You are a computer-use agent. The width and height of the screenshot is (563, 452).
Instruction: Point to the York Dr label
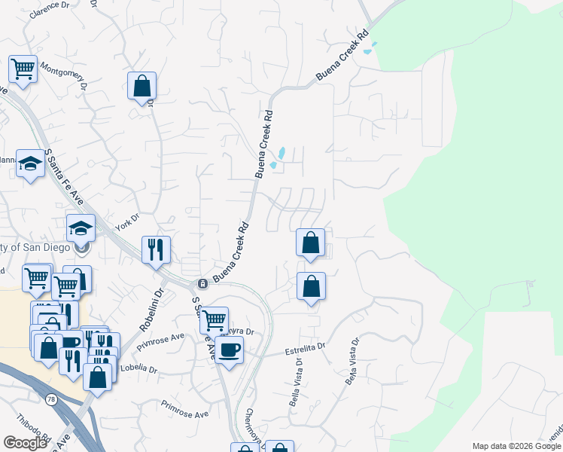(128, 221)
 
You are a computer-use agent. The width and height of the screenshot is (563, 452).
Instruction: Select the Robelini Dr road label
(151, 311)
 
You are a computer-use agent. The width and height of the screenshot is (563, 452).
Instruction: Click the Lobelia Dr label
(138, 371)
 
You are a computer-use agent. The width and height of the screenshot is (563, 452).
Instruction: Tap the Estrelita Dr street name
(303, 350)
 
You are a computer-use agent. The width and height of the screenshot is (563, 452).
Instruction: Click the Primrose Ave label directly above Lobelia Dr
(160, 341)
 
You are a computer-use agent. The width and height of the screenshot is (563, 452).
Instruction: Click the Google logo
(25, 443)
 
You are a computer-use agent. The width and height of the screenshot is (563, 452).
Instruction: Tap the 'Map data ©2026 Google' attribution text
(516, 446)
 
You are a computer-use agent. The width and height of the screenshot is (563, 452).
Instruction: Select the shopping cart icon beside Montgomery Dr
(23, 69)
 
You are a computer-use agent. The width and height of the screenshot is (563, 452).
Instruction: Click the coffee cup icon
(229, 350)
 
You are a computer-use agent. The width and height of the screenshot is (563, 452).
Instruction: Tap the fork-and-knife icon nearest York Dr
(156, 249)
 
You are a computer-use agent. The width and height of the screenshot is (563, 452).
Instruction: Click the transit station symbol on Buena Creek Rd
(202, 284)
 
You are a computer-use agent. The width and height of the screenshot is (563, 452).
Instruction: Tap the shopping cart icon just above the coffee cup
(214, 320)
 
